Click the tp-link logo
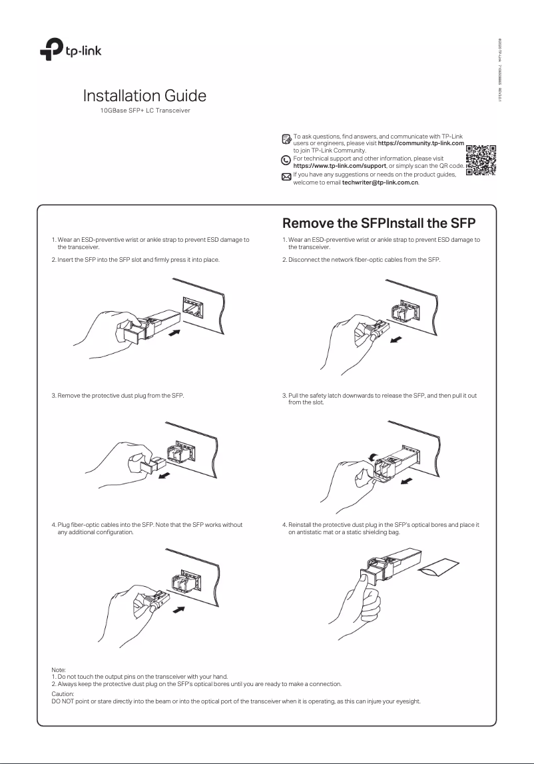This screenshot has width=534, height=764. click(69, 49)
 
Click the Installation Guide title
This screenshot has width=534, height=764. click(144, 95)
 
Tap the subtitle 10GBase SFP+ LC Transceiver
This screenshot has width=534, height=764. click(144, 109)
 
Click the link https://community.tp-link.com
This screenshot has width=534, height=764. click(421, 143)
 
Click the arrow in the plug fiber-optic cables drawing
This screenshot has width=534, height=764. click(178, 608)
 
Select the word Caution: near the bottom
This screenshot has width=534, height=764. click(63, 694)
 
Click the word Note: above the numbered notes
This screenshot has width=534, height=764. click(59, 671)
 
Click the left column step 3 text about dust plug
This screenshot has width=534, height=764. click(118, 396)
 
